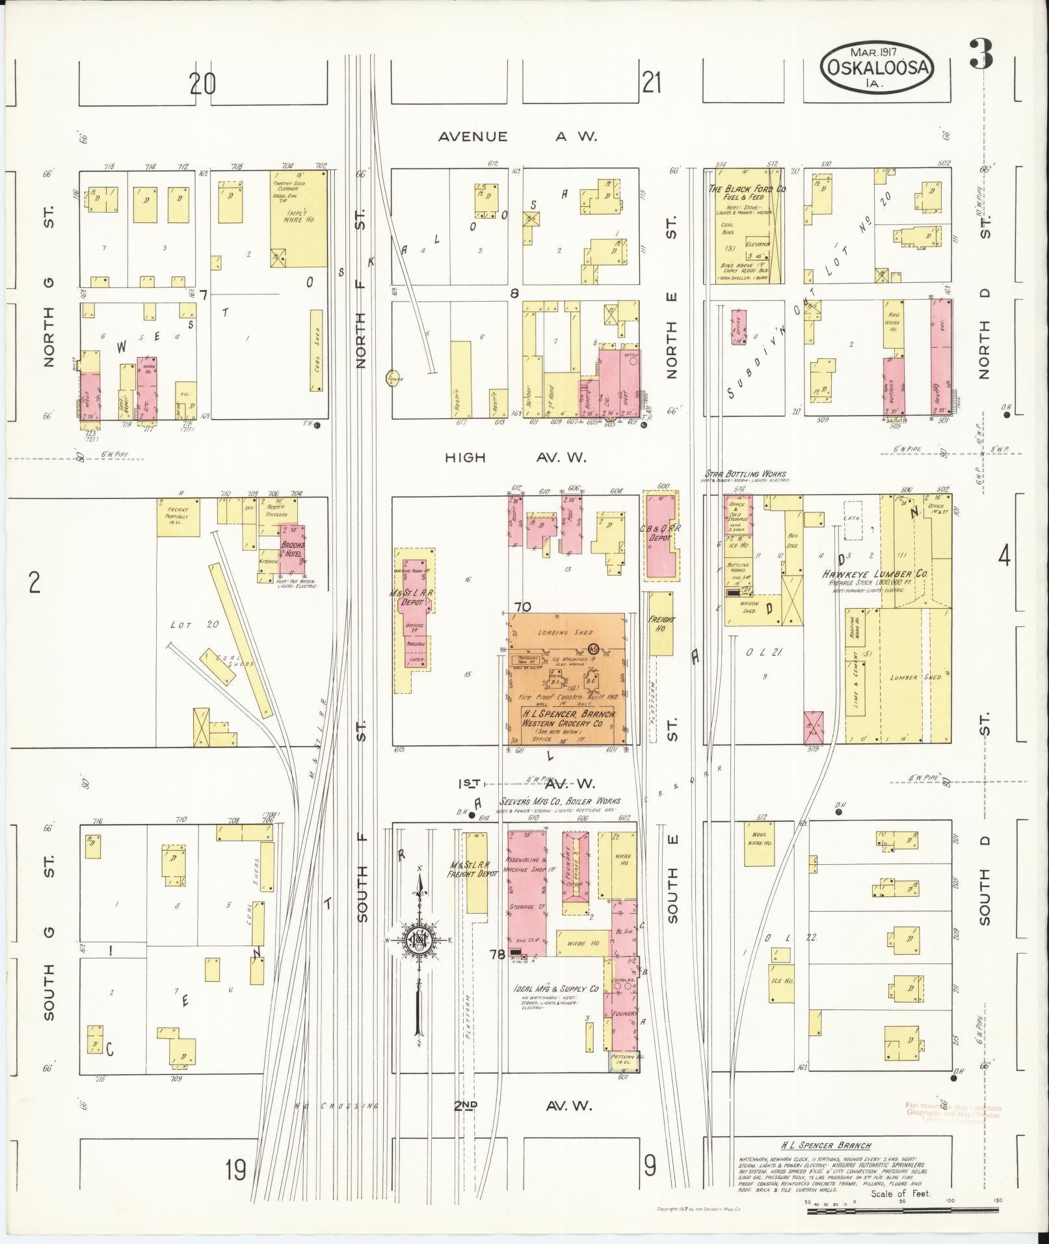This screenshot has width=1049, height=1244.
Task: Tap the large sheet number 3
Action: (x=981, y=55)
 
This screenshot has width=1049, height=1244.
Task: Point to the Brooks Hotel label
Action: (x=293, y=549)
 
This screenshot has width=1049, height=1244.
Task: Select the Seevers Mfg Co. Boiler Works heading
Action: (x=559, y=801)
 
